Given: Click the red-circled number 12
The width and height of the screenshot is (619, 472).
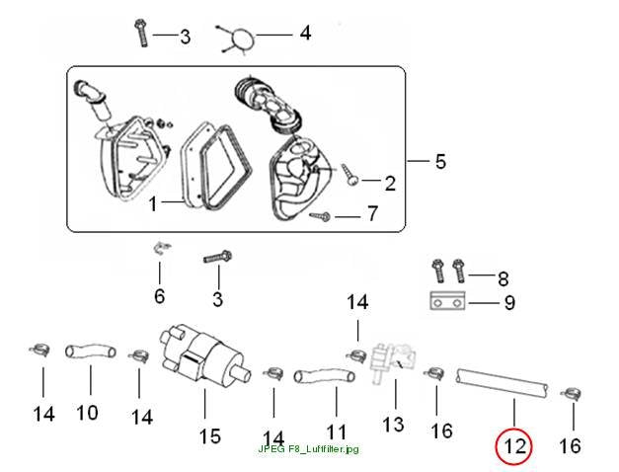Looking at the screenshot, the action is (x=515, y=446).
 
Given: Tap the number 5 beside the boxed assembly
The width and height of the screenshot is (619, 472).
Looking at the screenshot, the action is (x=440, y=161).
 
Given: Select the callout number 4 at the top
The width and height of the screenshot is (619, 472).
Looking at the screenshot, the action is (x=305, y=33).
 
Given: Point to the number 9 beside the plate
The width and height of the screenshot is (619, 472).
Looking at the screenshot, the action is (x=509, y=303).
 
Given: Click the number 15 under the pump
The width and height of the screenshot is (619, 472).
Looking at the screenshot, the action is (x=209, y=436).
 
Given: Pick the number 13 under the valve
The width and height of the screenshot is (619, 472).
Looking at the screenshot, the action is (x=393, y=425).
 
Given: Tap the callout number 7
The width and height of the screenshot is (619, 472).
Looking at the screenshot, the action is (x=372, y=213).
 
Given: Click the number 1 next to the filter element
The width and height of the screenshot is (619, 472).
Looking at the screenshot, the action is (x=153, y=204).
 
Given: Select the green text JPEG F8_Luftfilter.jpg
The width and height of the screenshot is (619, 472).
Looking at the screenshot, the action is (x=309, y=449).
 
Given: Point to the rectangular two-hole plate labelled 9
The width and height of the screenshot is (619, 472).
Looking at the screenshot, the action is (x=447, y=301).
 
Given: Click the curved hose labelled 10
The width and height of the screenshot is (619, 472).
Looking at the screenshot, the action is (x=91, y=352).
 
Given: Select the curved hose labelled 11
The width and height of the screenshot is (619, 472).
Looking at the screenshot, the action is (x=324, y=375).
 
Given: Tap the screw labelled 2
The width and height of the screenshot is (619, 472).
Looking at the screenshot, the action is (x=350, y=174).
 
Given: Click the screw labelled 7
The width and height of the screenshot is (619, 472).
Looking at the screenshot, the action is (x=320, y=216).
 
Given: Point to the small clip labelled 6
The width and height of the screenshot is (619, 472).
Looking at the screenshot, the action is (x=161, y=249).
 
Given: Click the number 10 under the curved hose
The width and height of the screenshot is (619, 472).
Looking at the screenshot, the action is (x=87, y=413).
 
